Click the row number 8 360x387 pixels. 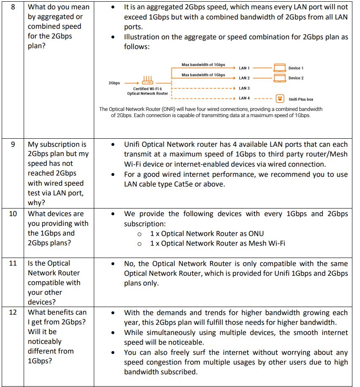click(13, 7)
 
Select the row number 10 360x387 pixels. click(13, 214)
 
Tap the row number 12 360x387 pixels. click(13, 312)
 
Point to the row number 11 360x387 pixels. click(13, 263)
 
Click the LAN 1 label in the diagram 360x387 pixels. click(244, 68)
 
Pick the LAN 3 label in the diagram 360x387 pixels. click(244, 88)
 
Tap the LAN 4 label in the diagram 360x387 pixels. click(244, 98)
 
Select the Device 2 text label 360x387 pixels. click(296, 78)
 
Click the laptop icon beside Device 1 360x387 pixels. click(280, 68)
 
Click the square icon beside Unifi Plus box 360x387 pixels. click(280, 99)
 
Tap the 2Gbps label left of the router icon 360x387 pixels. click(114, 83)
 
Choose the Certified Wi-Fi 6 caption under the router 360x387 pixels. click(147, 89)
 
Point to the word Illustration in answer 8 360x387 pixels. click(143, 37)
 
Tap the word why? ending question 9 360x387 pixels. click(36, 203)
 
